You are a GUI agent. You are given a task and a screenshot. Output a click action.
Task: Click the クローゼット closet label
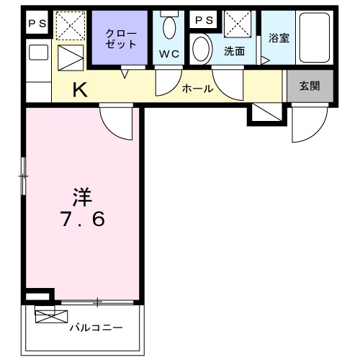pyautogui.click(x=121, y=39)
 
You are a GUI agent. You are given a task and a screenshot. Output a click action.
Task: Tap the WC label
pyautogui.click(x=169, y=54)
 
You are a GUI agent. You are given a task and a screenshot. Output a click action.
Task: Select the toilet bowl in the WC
pyautogui.click(x=169, y=27)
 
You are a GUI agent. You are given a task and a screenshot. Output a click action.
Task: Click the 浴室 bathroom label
pyautogui.click(x=279, y=38)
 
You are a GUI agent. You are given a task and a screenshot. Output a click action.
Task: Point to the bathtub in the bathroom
pyautogui.click(x=315, y=37)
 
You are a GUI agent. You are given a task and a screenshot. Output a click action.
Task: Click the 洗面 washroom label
pyautogui.click(x=235, y=51)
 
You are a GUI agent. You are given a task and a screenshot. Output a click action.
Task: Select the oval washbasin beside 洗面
pyautogui.click(x=201, y=50)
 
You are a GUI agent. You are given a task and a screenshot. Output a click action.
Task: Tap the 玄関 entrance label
pyautogui.click(x=310, y=86)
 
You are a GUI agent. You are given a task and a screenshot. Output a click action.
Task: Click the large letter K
pyautogui.click(x=80, y=89)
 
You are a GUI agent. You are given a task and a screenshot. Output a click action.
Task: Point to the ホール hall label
pyautogui.click(x=197, y=89)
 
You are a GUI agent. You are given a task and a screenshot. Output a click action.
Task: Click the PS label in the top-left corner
pyautogui.click(x=37, y=23)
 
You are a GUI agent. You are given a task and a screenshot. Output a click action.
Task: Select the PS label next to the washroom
pyautogui.click(x=204, y=20)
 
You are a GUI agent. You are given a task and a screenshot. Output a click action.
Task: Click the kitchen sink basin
pyautogui.click(x=38, y=53)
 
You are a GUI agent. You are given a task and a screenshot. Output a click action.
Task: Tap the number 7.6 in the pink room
pyautogui.click(x=83, y=219)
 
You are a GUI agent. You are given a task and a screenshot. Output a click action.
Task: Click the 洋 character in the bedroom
pyautogui.click(x=83, y=197)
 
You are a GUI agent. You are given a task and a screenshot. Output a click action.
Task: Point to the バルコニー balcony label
pyautogui.click(x=96, y=328)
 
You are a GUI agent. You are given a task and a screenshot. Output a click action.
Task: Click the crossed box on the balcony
pyautogui.click(x=52, y=316)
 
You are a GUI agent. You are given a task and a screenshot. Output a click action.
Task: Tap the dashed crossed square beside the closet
pyautogui.click(x=71, y=26)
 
